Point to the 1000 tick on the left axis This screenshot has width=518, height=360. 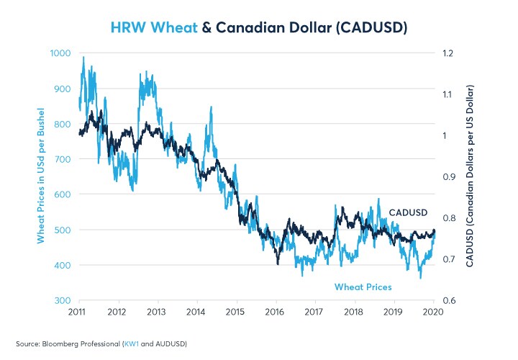click(60, 53)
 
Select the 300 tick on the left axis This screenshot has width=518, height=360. click(63, 300)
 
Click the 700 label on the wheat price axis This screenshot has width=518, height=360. click(63, 159)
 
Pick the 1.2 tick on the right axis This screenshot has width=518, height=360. click(450, 53)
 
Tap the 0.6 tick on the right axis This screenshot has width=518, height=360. click(450, 300)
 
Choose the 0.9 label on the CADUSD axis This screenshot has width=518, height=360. click(450, 177)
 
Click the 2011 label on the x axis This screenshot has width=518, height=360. click(78, 312)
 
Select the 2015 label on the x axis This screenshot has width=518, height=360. click(235, 312)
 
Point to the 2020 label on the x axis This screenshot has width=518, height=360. click(431, 312)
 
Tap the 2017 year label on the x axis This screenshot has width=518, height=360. click(314, 312)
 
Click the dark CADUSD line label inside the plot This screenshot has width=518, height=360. click(409, 213)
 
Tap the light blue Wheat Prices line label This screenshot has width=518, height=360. click(363, 287)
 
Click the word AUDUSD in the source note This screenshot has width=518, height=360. click(171, 344)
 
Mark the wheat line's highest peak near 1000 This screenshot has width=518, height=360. click(83, 57)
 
